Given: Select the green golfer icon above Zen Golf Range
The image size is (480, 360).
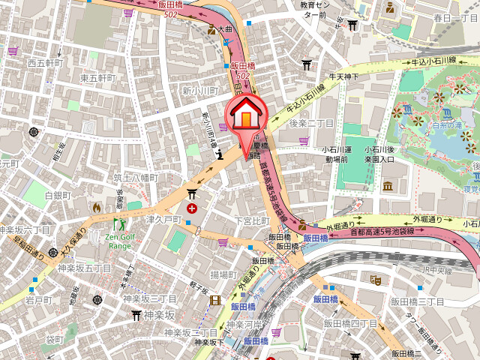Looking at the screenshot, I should click(119, 223).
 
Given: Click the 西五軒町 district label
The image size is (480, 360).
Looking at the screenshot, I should click(46, 63).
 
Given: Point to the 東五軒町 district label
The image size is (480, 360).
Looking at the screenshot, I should click(98, 78).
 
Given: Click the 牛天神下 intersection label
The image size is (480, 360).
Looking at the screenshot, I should click(344, 76).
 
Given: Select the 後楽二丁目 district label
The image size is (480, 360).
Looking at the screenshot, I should click(311, 122).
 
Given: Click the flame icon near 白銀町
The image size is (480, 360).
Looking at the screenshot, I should click(97, 206).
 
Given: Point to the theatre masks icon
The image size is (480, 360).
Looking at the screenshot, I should click(376, 280).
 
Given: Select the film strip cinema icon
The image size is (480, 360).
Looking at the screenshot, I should click(216, 301).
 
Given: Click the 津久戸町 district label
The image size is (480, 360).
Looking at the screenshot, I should click(163, 220).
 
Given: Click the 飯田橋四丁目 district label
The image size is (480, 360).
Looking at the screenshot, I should click(350, 322).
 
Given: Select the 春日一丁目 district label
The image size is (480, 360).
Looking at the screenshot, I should click(451, 16).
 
